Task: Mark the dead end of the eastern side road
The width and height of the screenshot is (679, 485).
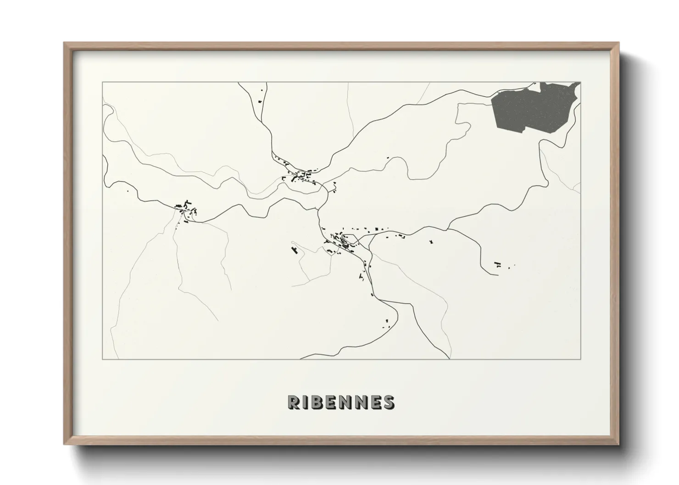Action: [x=498, y=275]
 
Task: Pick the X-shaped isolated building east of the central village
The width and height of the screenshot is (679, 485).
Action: [x=431, y=241]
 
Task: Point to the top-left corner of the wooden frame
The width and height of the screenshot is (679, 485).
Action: [x=64, y=43]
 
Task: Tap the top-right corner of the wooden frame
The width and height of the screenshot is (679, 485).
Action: [x=618, y=43]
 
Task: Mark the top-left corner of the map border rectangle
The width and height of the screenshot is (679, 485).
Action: [x=102, y=82]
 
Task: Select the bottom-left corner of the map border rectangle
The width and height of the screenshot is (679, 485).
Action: [x=102, y=359]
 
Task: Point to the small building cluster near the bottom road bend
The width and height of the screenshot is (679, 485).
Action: [x=385, y=323]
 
